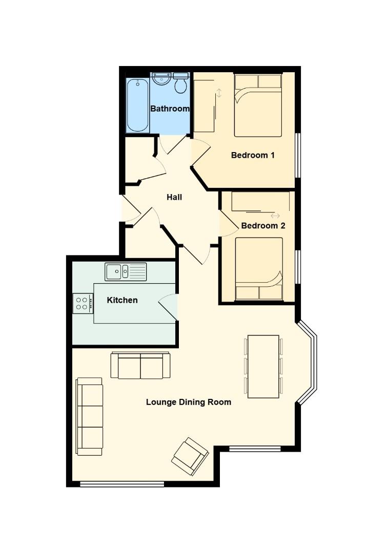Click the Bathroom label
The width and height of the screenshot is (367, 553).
pos(170,109)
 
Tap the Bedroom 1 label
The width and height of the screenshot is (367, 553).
pos(253,155)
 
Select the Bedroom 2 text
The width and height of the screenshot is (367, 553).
pos(263,225)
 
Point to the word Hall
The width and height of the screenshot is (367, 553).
pos(174,197)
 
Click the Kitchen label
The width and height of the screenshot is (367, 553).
pos(122,300)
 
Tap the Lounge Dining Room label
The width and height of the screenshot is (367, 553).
pos(189,402)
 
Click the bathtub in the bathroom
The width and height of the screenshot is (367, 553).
pos(137,105)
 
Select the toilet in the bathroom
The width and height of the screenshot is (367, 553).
pos(180,83)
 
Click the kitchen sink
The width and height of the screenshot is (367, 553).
pos(126,271)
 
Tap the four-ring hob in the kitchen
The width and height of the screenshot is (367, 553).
pos(83,304)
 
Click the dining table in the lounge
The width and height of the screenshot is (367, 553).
pos(263,367)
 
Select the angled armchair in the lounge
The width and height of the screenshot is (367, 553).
pos(190,457)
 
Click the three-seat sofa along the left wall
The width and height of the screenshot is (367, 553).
pos(90,416)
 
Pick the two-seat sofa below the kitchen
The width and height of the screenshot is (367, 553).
pos(140,366)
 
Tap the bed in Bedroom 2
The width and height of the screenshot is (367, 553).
pos(259,269)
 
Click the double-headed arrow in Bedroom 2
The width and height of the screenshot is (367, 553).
pos(275,216)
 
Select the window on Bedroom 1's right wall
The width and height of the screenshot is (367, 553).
pos(298,155)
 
